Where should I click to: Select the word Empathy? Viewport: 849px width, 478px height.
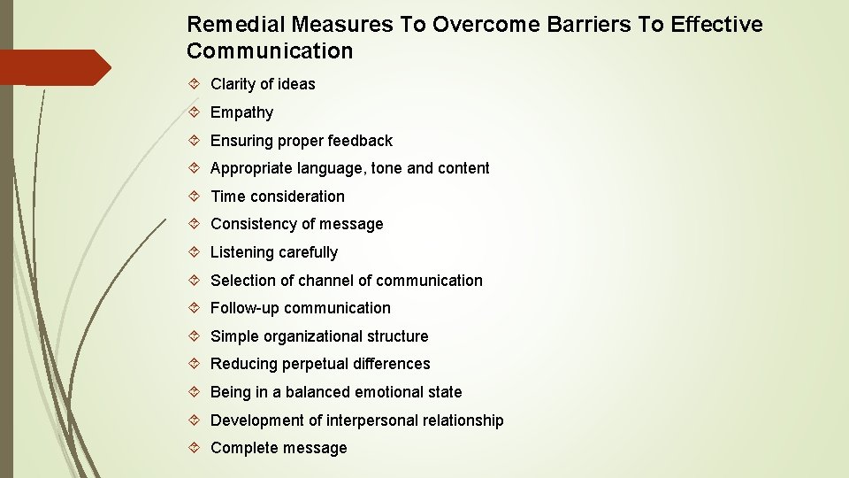tap(241, 112)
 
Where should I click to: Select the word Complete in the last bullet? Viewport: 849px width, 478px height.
tap(244, 448)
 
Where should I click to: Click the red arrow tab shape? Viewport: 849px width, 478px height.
tap(53, 67)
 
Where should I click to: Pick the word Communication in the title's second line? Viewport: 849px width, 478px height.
tap(270, 51)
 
